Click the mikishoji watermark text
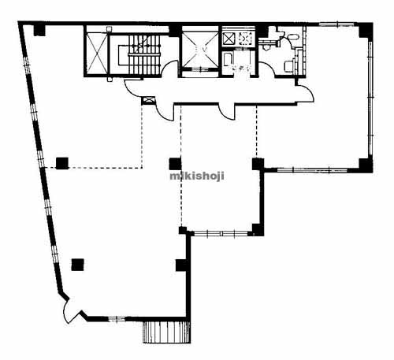click(197, 176)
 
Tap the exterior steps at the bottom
click(166, 332)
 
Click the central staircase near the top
click(139, 54)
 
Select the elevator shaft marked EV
click(200, 50)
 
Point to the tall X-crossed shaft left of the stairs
click(97, 54)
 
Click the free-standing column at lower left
click(78, 265)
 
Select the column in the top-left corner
click(39, 30)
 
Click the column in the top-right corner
click(366, 31)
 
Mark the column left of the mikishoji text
click(175, 164)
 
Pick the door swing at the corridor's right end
click(306, 93)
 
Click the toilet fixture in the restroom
click(288, 65)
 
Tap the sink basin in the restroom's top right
click(292, 37)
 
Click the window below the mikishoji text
click(221, 233)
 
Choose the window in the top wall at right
click(337, 24)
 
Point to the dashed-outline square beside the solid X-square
click(245, 39)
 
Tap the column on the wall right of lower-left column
click(181, 265)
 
